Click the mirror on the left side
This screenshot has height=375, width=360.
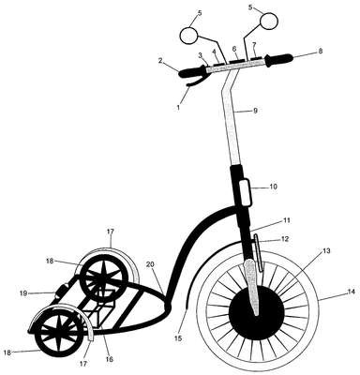(x=189, y=36)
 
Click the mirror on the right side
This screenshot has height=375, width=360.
(x=269, y=21)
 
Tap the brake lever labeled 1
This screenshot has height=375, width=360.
(x=194, y=82)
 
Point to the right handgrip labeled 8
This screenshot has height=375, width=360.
(x=278, y=59)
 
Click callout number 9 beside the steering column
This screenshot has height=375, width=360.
(x=255, y=111)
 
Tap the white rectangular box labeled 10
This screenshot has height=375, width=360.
(x=245, y=191)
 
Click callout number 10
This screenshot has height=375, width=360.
(x=273, y=187)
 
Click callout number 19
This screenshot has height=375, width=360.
(x=23, y=293)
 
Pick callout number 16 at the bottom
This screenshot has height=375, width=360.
(x=109, y=359)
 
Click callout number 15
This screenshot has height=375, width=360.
(x=179, y=338)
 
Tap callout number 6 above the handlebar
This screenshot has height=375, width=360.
(x=234, y=49)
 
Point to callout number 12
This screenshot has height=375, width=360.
(x=285, y=239)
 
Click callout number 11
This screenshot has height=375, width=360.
(x=287, y=220)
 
